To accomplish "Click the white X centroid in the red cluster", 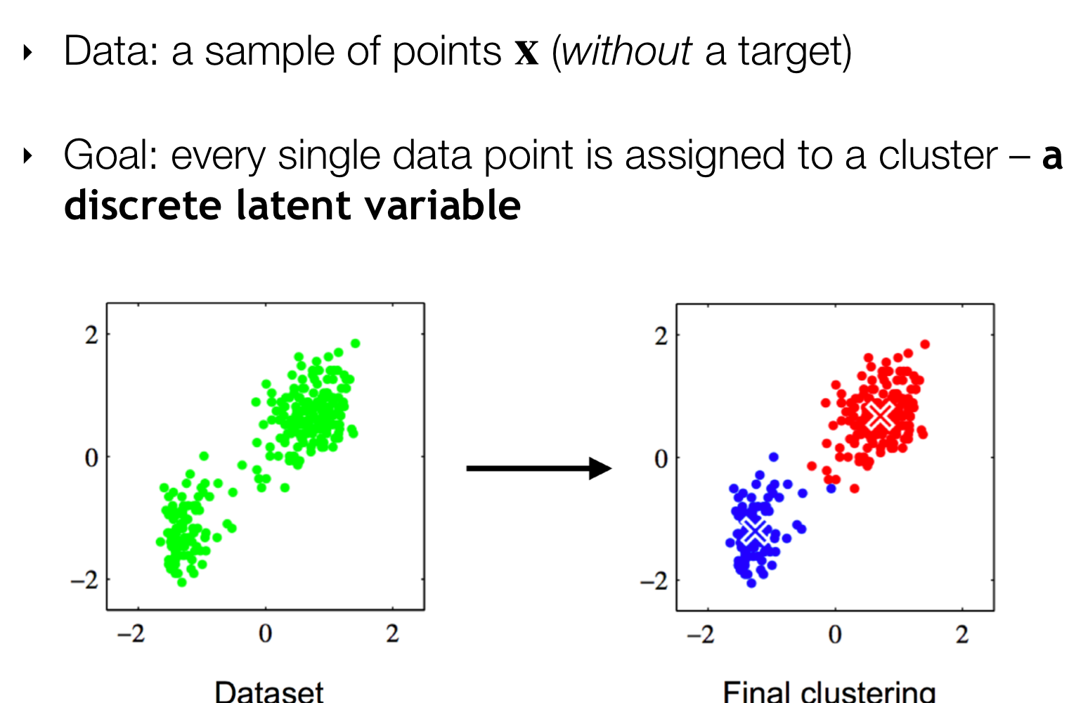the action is point(880,416).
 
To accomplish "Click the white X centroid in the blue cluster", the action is point(755,531).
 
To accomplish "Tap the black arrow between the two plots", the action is point(538,468).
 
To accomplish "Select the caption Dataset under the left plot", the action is point(269,691).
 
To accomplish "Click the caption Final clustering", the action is point(829,691).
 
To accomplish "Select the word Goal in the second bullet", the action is point(111,155).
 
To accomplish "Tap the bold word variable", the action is point(443,205).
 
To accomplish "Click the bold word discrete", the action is point(143,205).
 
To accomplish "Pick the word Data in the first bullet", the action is point(111,51).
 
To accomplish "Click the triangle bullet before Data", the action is point(27,52).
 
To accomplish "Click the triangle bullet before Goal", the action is point(27,156).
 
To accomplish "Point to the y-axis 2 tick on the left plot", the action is point(92,335).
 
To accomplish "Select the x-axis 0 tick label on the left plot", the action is point(265,633).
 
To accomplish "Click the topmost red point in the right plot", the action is point(925,344).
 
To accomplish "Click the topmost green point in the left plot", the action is point(355,344).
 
